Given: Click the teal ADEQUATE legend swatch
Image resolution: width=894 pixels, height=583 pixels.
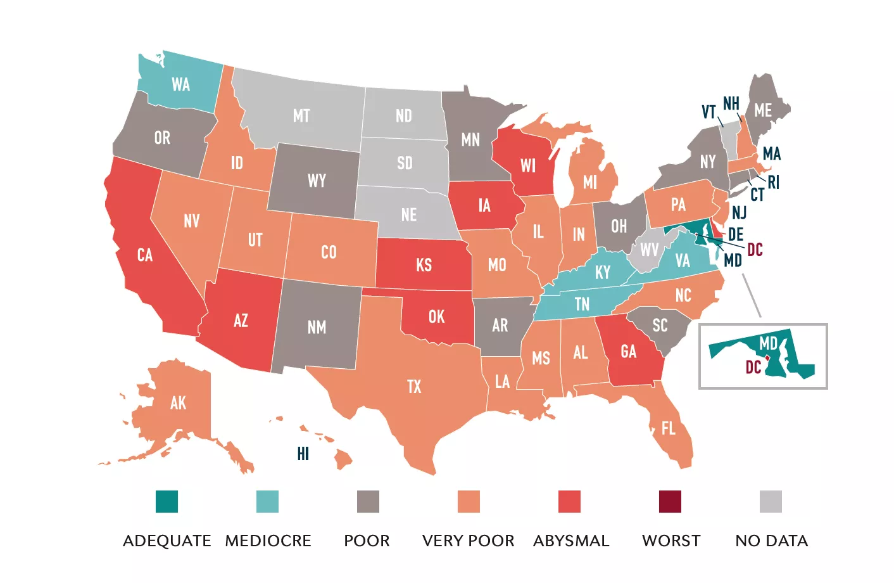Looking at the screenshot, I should pos(167,501).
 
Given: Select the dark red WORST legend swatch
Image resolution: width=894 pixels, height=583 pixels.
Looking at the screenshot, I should pos(670,501).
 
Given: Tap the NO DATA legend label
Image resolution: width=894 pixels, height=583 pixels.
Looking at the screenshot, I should pos(771,541).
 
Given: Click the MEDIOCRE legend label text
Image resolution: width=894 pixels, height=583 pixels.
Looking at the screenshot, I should pos(268,541).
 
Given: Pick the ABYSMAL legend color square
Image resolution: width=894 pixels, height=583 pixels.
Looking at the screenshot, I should pos(569,501).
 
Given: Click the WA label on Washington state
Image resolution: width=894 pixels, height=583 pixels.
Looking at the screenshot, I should pos(180,84).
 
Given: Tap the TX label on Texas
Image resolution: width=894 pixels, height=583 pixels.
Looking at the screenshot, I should pos(414,387).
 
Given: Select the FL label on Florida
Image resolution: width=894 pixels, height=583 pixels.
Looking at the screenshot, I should pos(668,429).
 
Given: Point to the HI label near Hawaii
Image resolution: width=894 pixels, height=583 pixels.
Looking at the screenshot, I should pos(303,454).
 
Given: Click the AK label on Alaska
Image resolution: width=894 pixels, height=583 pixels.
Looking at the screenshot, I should pos(178,403).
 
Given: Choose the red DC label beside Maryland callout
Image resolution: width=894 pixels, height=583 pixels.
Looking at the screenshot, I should pos(755,249).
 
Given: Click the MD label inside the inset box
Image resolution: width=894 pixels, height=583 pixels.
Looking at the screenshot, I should pos(768,343).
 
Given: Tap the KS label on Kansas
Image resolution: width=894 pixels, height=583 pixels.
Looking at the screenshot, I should pos(424,265).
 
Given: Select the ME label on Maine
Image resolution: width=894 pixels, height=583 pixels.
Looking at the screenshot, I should pos(763,110).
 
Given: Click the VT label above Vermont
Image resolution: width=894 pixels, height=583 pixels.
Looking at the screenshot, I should pos(708,112).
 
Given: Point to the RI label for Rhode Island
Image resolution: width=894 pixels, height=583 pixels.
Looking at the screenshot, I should pos(774,183).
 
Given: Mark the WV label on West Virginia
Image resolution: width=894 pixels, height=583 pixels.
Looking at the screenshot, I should pos(649,250).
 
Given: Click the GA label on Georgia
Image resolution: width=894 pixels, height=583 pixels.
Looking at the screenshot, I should pos(628,352).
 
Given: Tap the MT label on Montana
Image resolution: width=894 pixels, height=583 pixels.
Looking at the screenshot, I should pos(301,116).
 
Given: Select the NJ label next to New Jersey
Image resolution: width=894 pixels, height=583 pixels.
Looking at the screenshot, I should pos(739,212).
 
